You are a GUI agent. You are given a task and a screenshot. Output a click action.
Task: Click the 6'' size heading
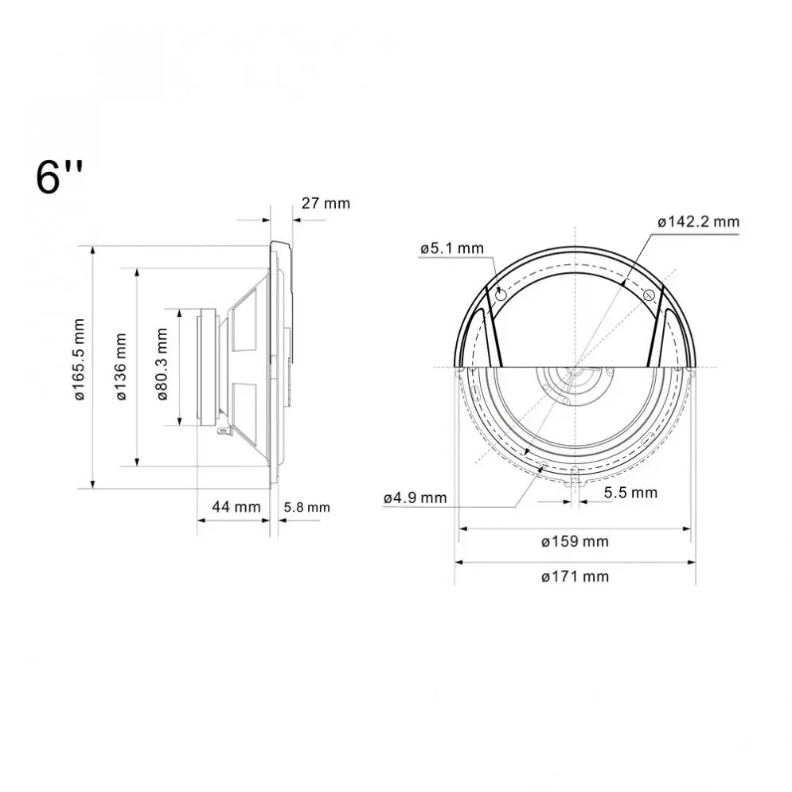[x=60, y=177]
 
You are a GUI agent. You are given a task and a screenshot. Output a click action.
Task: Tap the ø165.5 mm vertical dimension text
[x=80, y=360]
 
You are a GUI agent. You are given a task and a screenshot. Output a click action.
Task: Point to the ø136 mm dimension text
[x=122, y=366]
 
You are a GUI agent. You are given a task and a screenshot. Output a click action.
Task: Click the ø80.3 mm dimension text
[x=162, y=365]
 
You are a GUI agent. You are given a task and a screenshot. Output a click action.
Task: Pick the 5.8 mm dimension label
[x=306, y=507]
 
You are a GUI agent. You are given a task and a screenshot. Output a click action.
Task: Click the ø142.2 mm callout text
[x=698, y=222]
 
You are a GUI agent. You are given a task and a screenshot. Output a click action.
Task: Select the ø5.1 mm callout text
[x=451, y=248]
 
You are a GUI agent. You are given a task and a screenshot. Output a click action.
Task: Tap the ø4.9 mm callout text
[x=415, y=497]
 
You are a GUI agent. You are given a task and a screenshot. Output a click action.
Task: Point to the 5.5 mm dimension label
[x=630, y=493]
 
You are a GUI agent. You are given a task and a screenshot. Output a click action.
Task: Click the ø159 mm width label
[x=574, y=542]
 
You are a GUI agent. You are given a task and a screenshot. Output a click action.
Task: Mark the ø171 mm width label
[x=574, y=576]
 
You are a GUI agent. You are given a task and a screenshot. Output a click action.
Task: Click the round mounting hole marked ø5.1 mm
[x=501, y=295]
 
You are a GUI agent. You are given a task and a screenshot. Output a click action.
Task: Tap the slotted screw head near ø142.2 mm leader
[x=648, y=295]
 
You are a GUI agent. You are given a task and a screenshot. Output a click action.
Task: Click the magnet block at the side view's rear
[x=209, y=366]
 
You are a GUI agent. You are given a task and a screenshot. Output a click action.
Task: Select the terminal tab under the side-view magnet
[x=225, y=432]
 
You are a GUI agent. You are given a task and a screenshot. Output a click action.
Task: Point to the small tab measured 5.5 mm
[x=574, y=480]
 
